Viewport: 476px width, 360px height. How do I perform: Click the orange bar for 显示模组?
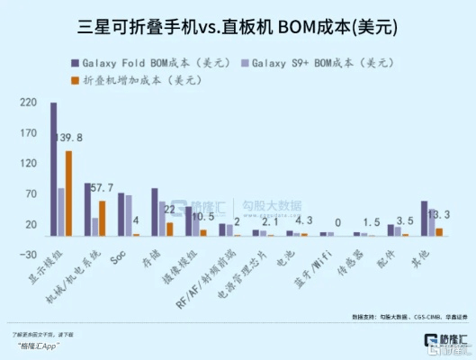coord(68,193)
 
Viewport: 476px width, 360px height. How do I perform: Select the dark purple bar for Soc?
coord(121,214)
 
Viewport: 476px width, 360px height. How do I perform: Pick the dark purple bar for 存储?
coord(155,212)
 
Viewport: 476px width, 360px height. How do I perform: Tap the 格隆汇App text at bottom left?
coord(41,346)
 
